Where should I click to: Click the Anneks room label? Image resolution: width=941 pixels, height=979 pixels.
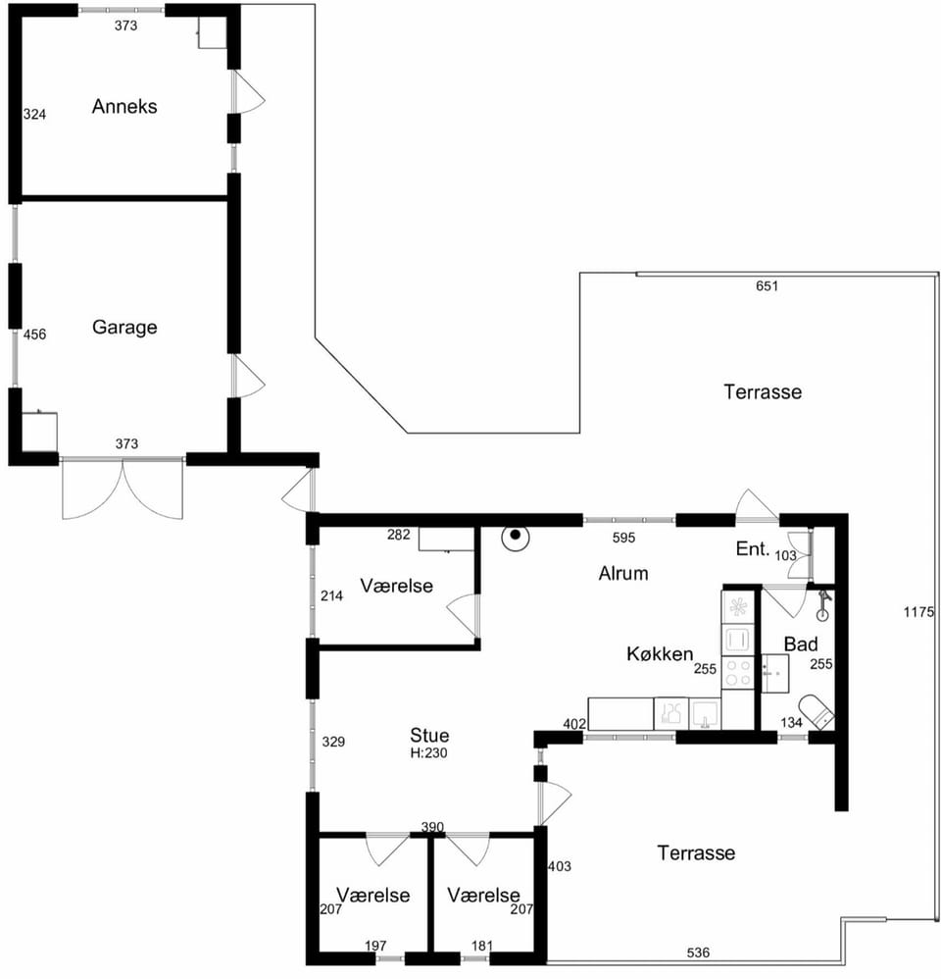coord(124,106)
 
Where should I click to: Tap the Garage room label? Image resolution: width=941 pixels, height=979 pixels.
coord(124,327)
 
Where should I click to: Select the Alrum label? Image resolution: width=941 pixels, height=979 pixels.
coord(622,573)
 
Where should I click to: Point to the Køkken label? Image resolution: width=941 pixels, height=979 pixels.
coord(660,653)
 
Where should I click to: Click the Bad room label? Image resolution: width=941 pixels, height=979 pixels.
coord(801,644)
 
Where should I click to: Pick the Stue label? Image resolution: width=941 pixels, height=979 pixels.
coord(429,735)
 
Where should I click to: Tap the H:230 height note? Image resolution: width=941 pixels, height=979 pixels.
coord(428,753)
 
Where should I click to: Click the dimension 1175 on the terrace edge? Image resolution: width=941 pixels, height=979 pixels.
coord(918,612)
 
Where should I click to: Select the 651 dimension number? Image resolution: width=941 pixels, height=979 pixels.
coord(767,286)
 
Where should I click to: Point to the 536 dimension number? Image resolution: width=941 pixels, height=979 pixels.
coord(698,953)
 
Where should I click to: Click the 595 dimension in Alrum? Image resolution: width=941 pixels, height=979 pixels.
coord(623,538)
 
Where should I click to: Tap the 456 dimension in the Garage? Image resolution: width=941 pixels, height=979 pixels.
coord(35,335)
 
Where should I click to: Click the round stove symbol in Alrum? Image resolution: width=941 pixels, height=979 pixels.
coord(516,537)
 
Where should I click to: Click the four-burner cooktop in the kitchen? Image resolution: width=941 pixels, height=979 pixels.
coord(738,672)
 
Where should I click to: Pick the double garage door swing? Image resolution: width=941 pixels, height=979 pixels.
coord(123,489)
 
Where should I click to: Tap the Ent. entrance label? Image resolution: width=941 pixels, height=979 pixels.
coord(752,548)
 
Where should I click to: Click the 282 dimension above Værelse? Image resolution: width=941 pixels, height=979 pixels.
coord(399,535)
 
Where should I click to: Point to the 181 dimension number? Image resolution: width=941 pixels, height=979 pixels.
coord(482,946)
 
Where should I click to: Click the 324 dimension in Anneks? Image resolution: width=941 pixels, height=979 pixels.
coord(35,114)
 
